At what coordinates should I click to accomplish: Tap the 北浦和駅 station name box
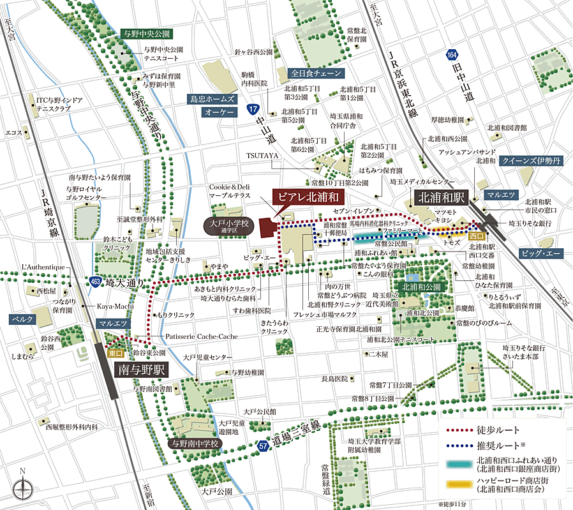pyautogui.click(x=440, y=198)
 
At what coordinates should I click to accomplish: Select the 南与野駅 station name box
pyautogui.click(x=140, y=370)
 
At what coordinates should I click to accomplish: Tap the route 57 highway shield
pyautogui.click(x=263, y=445)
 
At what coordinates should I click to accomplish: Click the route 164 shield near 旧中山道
pyautogui.click(x=451, y=57)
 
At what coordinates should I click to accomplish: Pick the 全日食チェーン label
pyautogui.click(x=316, y=73)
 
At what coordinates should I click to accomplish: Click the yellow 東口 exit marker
pyautogui.click(x=115, y=352)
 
